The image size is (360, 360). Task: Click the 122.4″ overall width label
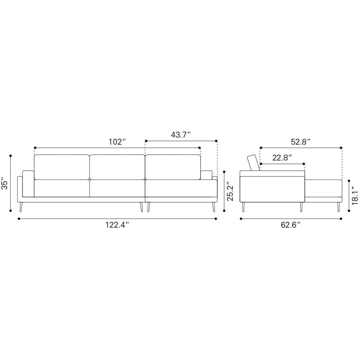[117, 225]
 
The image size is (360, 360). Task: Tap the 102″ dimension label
[117, 142]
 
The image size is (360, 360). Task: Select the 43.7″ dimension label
[181, 135]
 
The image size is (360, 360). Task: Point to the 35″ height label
[5, 183]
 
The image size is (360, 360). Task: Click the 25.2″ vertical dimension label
[230, 192]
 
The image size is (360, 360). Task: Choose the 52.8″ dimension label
[301, 142]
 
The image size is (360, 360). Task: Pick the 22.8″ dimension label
[282, 158]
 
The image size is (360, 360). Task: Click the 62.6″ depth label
[291, 225]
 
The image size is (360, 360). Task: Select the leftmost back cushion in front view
[62, 167]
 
